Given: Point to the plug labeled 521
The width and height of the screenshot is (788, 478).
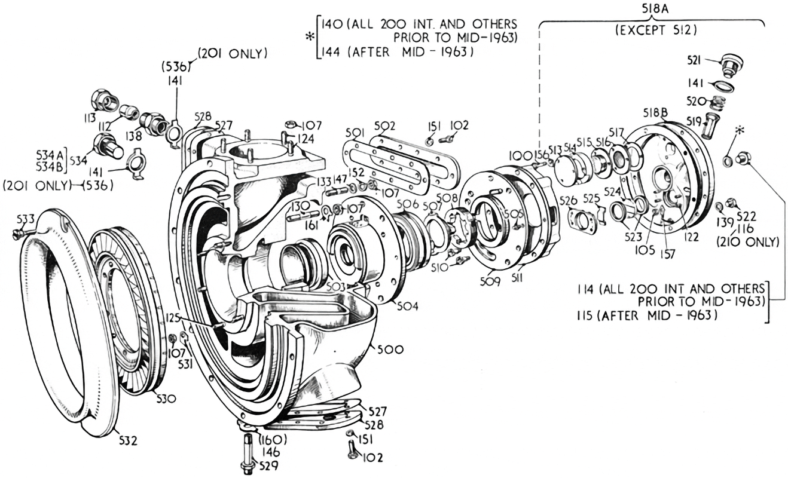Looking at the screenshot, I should point(728,65).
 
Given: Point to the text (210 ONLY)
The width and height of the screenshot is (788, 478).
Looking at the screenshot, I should point(749,242).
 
